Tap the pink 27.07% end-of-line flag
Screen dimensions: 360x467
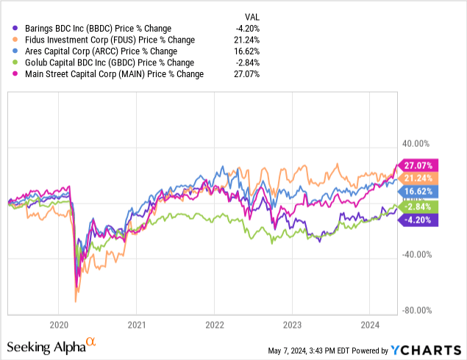click(x=417, y=165)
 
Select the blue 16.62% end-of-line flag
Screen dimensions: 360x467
click(x=417, y=190)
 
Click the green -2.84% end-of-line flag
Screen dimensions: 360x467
click(x=417, y=206)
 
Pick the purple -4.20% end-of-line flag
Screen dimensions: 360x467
click(x=417, y=218)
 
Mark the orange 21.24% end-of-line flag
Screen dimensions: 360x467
click(x=417, y=178)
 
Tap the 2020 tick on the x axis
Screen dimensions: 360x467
click(x=59, y=323)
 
